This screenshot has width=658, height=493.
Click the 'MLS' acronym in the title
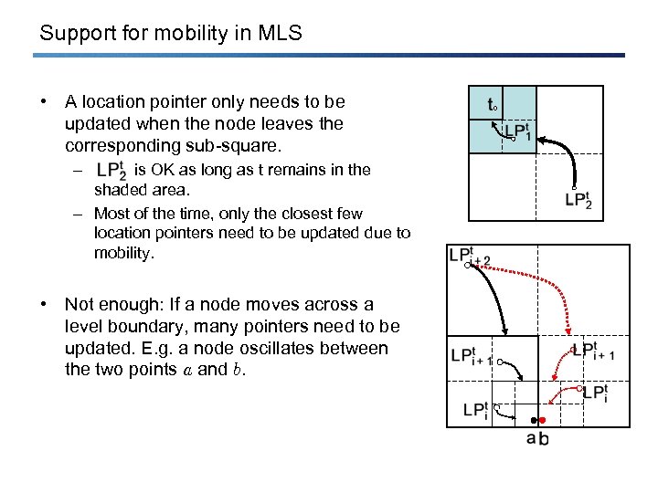[x=280, y=35]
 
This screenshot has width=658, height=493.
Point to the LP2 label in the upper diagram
[x=578, y=199]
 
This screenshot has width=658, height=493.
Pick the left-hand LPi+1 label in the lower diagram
[x=472, y=357]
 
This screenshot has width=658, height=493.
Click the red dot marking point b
[x=542, y=420]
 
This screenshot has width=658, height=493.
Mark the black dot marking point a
[x=533, y=421]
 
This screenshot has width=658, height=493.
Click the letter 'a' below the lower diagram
[x=532, y=437]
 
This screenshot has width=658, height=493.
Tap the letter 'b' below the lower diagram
[x=545, y=438]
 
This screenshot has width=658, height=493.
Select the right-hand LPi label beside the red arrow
[x=594, y=392]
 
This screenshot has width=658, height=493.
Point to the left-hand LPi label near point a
[x=475, y=410]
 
